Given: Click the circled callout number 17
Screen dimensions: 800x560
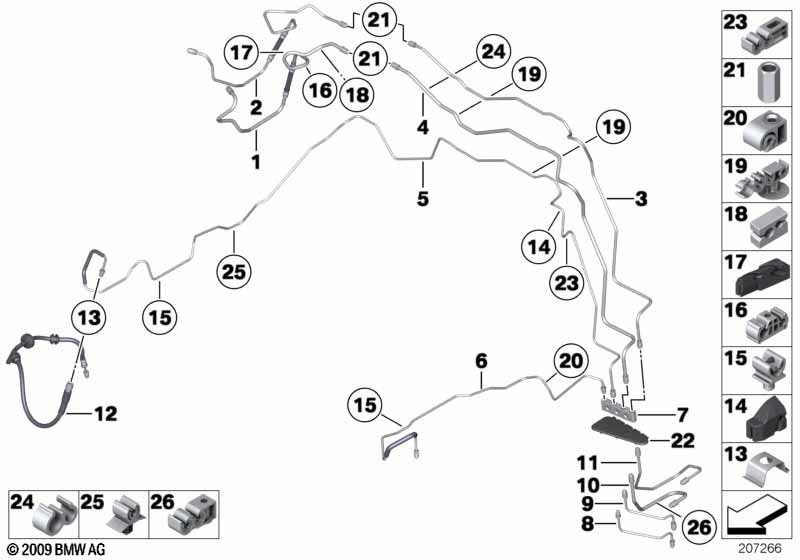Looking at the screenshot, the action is pyautogui.click(x=241, y=53).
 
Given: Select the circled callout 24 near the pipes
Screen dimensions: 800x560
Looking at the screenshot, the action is pyautogui.click(x=493, y=52).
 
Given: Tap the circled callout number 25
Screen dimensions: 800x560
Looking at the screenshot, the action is pyautogui.click(x=234, y=272).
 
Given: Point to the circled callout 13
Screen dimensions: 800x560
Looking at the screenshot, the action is pyautogui.click(x=88, y=318).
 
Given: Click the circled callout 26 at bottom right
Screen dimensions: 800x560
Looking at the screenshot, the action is pyautogui.click(x=699, y=527).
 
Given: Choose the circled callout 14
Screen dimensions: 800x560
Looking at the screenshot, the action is pyautogui.click(x=539, y=248).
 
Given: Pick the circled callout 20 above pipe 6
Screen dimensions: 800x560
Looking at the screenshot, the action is pyautogui.click(x=571, y=361).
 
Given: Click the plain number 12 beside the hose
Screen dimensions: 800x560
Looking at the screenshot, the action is pyautogui.click(x=106, y=414).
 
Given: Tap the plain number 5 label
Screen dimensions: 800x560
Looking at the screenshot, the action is pyautogui.click(x=423, y=198).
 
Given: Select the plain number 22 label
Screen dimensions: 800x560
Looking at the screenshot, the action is pyautogui.click(x=683, y=440).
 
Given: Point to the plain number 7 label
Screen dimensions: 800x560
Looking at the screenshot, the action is pyautogui.click(x=683, y=415).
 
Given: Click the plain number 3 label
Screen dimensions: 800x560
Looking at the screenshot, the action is pyautogui.click(x=641, y=198).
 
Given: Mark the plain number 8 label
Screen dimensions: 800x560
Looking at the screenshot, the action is pyautogui.click(x=588, y=524).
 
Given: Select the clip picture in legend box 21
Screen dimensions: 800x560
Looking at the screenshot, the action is pyautogui.click(x=766, y=82).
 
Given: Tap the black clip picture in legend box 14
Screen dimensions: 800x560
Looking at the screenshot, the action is pyautogui.click(x=768, y=417).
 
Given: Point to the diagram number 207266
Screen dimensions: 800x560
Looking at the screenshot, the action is pyautogui.click(x=760, y=549).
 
